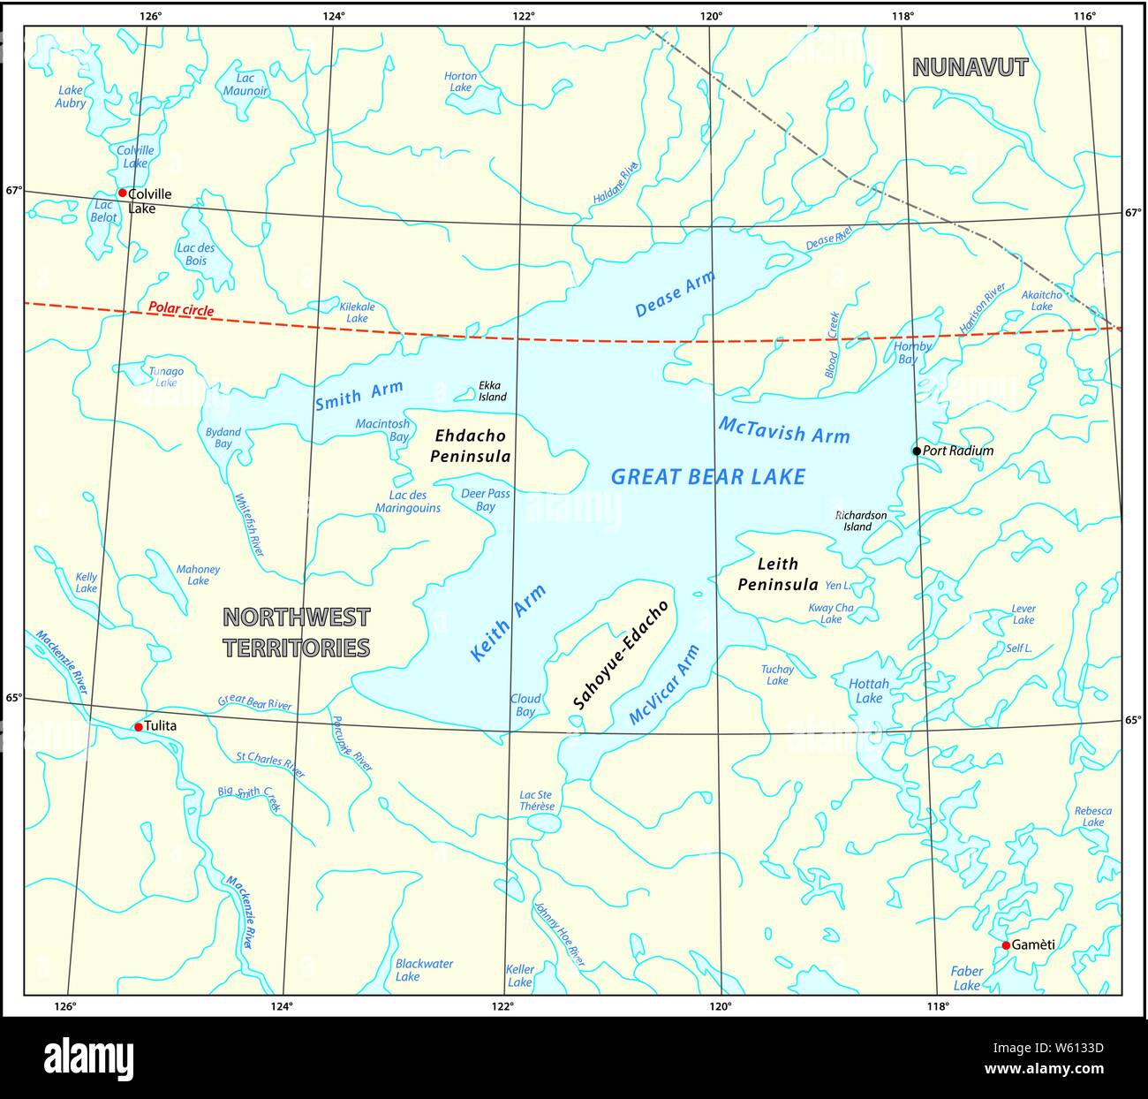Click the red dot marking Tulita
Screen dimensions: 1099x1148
[138, 727]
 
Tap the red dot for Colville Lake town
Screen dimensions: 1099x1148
[123, 193]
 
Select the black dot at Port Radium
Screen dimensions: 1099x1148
[917, 451]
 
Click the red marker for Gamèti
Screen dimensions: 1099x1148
[1006, 945]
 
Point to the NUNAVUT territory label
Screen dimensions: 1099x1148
[970, 67]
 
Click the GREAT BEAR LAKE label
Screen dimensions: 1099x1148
[708, 477]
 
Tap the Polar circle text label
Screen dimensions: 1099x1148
[181, 309]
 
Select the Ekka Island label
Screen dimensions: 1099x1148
[492, 391]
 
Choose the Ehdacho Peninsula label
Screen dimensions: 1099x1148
[470, 446]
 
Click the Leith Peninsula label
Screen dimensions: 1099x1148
[777, 574]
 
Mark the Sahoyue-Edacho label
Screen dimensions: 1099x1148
[621, 655]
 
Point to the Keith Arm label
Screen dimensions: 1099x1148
[508, 623]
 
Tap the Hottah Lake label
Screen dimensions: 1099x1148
[869, 691]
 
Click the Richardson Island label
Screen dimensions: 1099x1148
[860, 520]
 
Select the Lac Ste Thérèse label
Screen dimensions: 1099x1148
[537, 800]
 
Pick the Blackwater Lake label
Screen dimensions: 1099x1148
[424, 970]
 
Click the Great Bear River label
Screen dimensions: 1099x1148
[254, 704]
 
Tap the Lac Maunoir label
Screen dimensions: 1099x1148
[245, 85]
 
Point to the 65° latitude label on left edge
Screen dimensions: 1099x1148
[13, 698]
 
